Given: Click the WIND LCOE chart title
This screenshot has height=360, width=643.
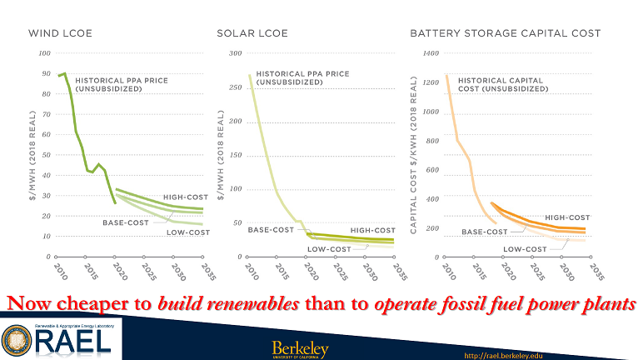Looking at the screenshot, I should pyautogui.click(x=60, y=34).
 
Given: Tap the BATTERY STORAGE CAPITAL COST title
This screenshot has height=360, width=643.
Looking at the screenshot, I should pyautogui.click(x=506, y=34).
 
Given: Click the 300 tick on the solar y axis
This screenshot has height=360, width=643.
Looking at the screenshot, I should pyautogui.click(x=235, y=53).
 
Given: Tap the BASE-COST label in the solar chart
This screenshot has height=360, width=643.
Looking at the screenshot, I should pyautogui.click(x=271, y=229).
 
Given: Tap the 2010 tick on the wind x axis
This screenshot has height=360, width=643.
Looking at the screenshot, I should pyautogui.click(x=59, y=272).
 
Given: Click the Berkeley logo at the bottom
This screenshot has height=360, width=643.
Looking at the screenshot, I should pyautogui.click(x=300, y=348).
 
